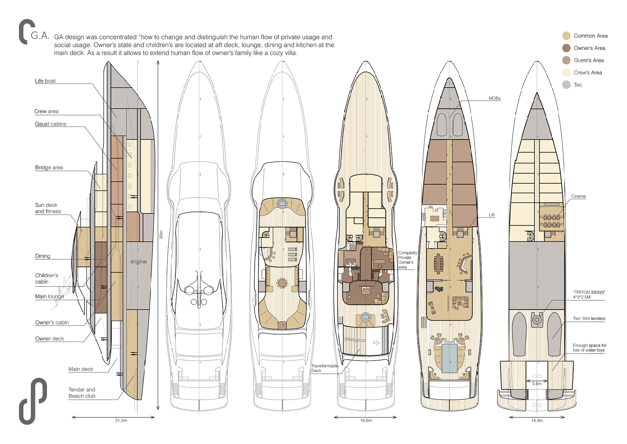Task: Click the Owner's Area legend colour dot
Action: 566,48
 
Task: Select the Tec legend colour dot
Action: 566,85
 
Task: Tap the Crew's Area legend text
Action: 588,73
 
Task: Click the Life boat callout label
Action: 45,81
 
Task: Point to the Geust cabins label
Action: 51,124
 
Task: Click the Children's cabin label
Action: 46,279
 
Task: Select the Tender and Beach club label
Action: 82,393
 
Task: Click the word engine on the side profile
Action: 138,262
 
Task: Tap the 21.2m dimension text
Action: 121,421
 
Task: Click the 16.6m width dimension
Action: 366,421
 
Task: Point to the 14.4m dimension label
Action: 537,421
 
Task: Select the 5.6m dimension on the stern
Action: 537,384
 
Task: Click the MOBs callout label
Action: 494,98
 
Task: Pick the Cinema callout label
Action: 578,196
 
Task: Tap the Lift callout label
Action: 492,215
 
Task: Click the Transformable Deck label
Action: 324,368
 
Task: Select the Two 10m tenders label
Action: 589,319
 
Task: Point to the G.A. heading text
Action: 40,36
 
